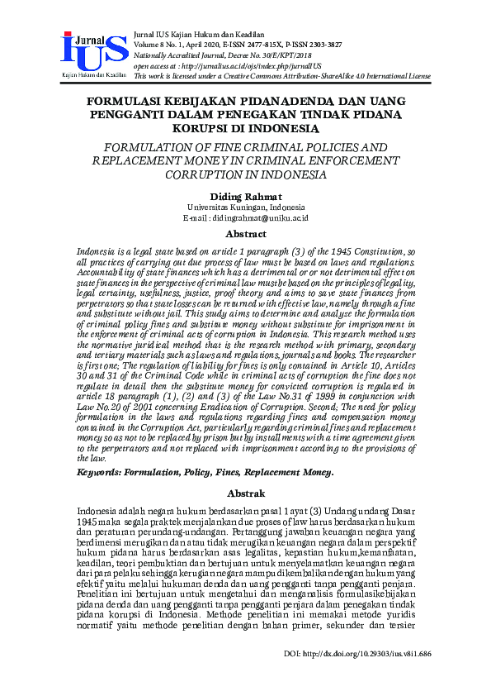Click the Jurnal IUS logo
point(92,55)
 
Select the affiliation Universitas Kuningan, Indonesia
point(245,207)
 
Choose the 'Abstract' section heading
point(245,234)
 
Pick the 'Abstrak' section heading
point(245,492)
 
